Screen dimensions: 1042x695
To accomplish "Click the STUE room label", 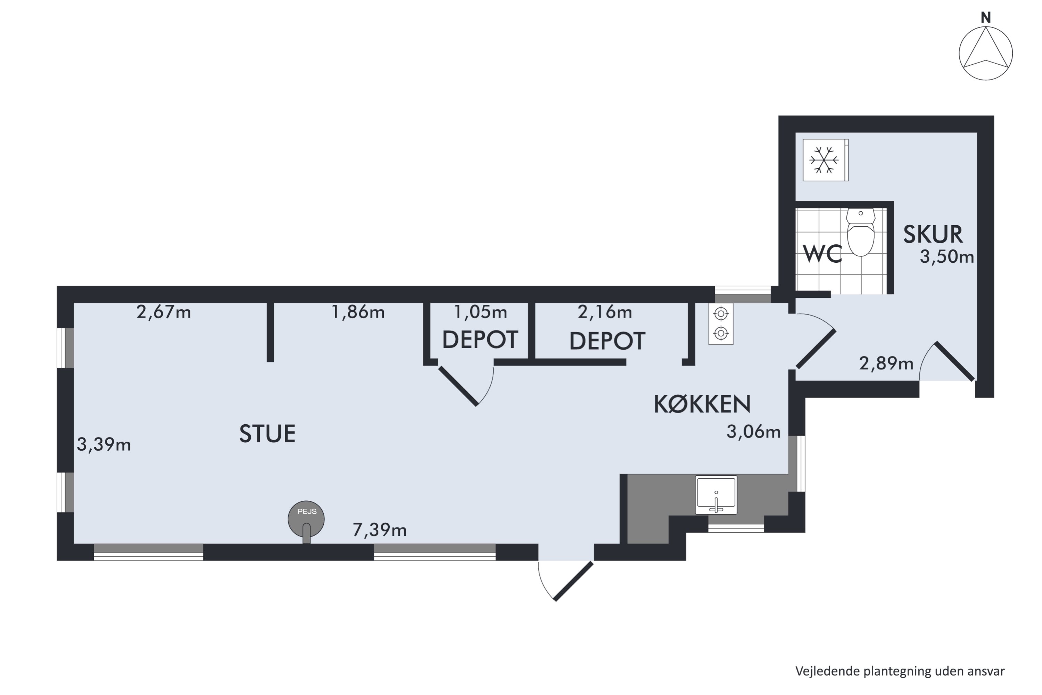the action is [267, 433].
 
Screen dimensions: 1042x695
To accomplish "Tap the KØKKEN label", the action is [702, 404].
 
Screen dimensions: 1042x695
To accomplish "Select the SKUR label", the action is [933, 235].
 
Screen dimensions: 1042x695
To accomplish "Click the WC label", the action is [822, 254].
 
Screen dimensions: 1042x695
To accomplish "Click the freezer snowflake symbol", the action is [824, 160].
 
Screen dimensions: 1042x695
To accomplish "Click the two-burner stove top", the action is [721, 324].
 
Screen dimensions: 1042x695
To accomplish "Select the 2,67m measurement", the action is [164, 312].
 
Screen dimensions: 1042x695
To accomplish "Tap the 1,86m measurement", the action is [358, 312].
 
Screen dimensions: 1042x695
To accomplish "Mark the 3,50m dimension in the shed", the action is [947, 257].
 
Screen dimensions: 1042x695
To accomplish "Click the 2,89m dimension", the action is [886, 363].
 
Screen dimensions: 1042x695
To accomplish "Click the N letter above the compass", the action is [986, 18].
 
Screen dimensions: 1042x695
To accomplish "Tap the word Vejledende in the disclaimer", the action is [828, 671].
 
